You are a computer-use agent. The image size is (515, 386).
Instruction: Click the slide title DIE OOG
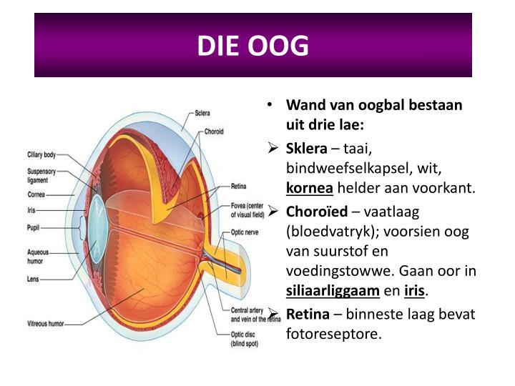point(253,45)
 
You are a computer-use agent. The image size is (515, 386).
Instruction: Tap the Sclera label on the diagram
point(202,113)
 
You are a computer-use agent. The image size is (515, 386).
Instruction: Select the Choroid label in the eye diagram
point(214,132)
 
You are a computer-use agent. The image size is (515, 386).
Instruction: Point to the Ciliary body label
point(41,154)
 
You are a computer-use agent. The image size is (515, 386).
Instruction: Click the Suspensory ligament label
point(41,175)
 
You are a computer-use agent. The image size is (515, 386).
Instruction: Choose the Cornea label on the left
point(37,194)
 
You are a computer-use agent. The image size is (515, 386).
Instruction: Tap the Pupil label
point(34,228)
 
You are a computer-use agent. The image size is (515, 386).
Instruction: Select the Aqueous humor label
point(39,257)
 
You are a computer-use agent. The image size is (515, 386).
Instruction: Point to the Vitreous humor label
point(46,324)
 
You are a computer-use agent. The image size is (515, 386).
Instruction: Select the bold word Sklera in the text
point(306,148)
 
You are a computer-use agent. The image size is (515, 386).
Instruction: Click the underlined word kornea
point(310,188)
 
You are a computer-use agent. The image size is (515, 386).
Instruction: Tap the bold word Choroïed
point(317,212)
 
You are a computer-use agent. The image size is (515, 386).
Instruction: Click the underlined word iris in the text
point(414,291)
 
